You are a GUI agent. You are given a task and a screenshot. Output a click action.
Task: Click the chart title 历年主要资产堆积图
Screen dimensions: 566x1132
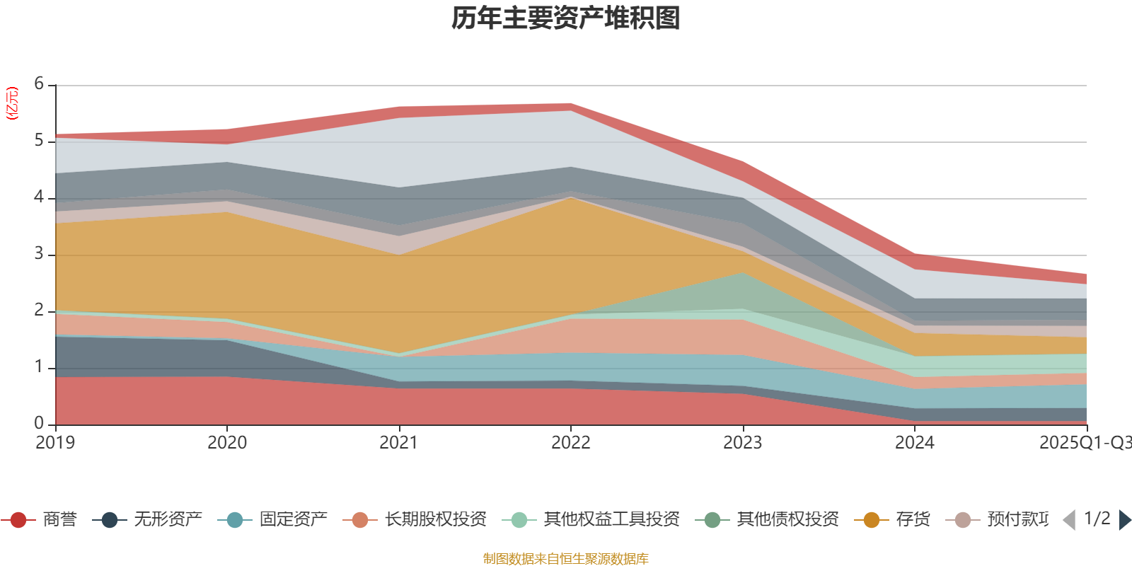[x=566, y=18]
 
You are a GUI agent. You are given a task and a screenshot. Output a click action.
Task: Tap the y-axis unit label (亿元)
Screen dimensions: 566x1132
[x=12, y=103]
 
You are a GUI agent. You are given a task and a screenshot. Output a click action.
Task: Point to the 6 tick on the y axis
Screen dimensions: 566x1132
[x=39, y=84]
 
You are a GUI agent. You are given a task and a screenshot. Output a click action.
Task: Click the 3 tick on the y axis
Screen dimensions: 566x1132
[x=39, y=254]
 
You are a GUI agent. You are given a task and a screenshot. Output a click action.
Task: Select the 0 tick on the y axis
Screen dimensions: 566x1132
[x=39, y=423]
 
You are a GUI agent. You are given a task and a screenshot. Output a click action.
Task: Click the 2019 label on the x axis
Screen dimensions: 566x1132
[x=55, y=443]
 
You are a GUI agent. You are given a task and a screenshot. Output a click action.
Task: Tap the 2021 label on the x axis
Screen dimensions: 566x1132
[x=399, y=443]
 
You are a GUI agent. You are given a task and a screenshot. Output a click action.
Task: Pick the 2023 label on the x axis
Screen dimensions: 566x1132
[x=742, y=443]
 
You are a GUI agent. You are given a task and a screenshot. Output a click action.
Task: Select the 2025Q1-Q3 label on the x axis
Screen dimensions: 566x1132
[x=1084, y=443]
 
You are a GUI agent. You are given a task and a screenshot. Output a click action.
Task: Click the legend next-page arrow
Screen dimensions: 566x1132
[x=1124, y=520]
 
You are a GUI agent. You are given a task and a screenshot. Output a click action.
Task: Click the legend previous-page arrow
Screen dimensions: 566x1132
[x=1069, y=520]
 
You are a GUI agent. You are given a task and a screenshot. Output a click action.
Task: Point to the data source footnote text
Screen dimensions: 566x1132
[x=566, y=559]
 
